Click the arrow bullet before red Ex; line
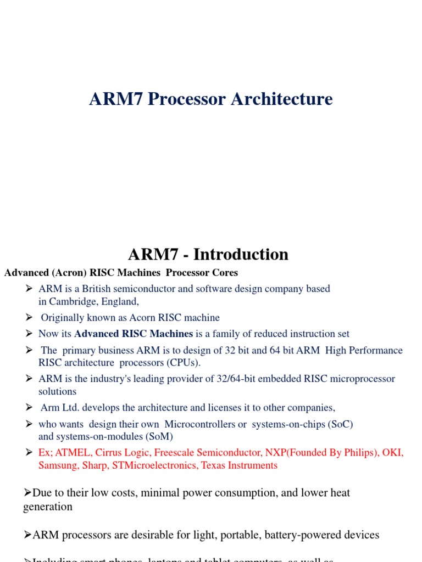pyautogui.click(x=30, y=452)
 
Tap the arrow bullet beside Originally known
pyautogui.click(x=30, y=317)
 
